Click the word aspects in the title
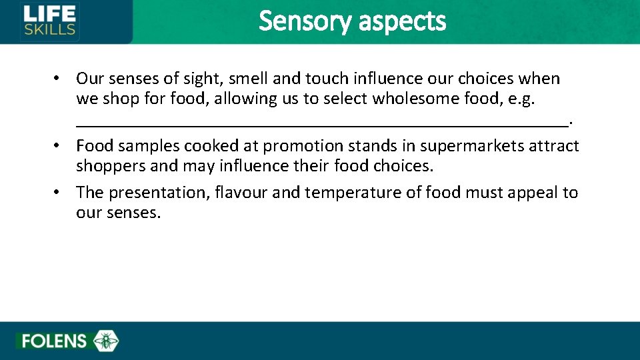point(402,21)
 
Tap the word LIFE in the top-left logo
point(50,13)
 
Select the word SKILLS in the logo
point(50,29)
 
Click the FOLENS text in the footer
point(54,341)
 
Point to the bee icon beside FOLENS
point(106,341)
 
